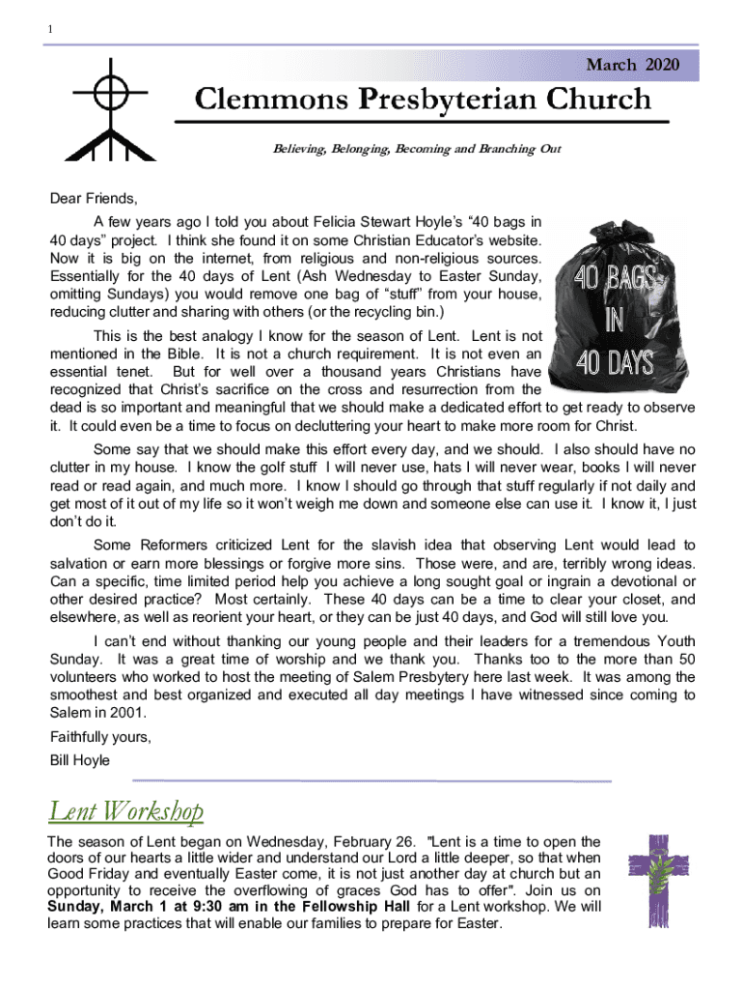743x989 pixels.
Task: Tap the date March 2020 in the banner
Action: coord(632,65)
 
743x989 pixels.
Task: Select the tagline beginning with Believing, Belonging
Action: coord(414,150)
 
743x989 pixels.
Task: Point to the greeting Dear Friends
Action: coord(94,200)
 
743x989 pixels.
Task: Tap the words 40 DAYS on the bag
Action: coord(616,364)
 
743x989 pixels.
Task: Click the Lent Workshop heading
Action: coord(126,809)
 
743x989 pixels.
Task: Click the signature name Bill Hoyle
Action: coord(80,760)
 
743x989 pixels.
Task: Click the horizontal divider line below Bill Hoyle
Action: coord(371,780)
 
